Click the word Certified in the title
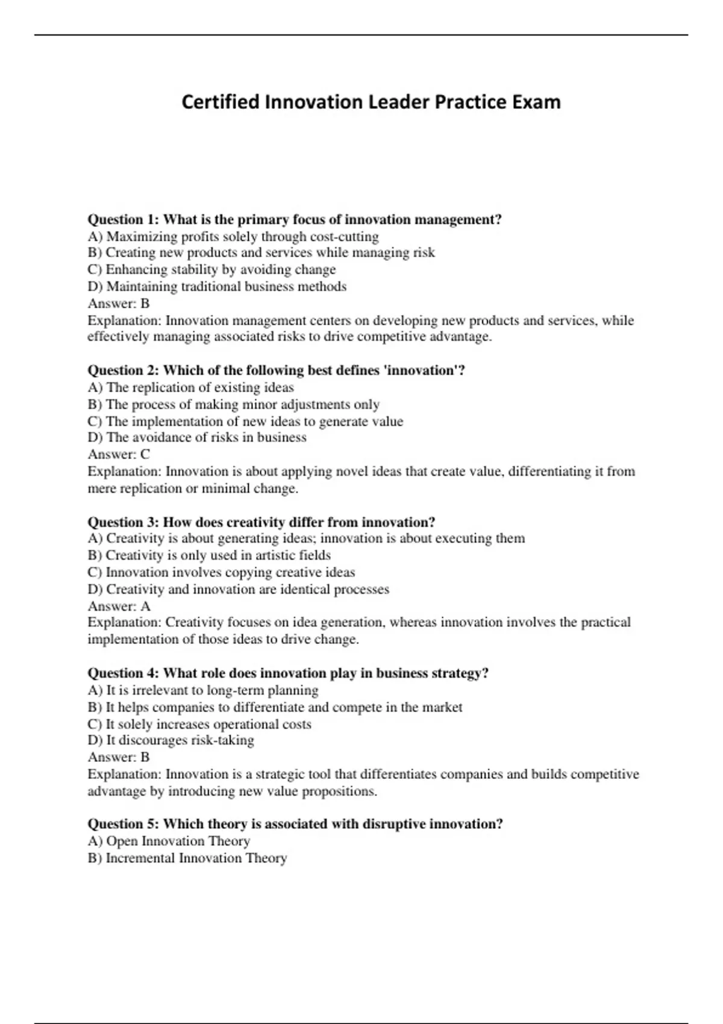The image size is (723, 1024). pyautogui.click(x=221, y=102)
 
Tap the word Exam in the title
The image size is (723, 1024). pyautogui.click(x=536, y=102)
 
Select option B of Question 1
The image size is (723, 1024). pyautogui.click(x=261, y=253)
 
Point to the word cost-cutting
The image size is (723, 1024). pyautogui.click(x=344, y=236)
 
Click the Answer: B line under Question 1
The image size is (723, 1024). pyautogui.click(x=119, y=304)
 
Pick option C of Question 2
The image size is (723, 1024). pyautogui.click(x=245, y=421)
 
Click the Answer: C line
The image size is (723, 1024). pyautogui.click(x=119, y=454)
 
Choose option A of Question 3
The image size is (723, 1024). pyautogui.click(x=306, y=539)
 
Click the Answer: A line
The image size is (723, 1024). pyautogui.click(x=119, y=606)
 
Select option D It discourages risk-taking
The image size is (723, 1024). pyautogui.click(x=171, y=740)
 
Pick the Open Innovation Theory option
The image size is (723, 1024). pyautogui.click(x=169, y=841)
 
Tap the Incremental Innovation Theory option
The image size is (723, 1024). pyautogui.click(x=187, y=858)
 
